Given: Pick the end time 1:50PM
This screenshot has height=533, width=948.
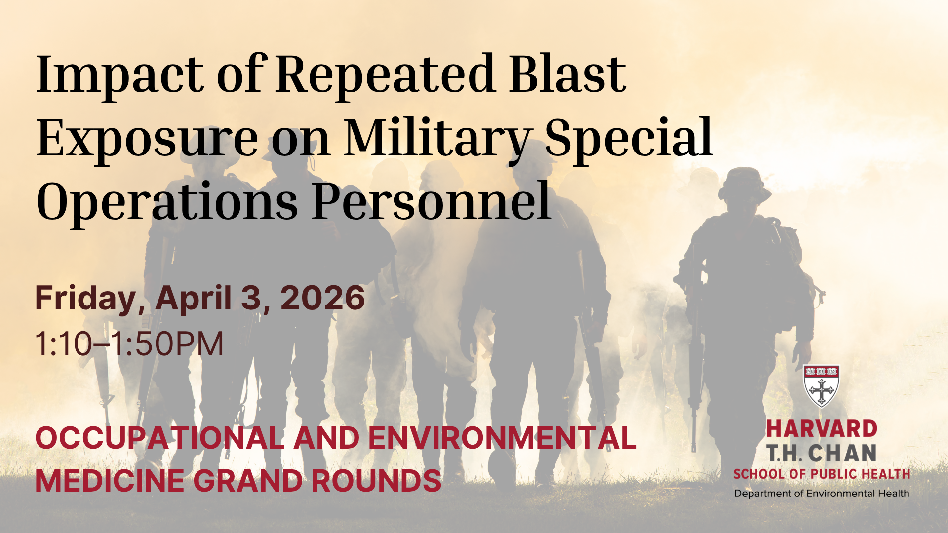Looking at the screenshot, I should (167, 344).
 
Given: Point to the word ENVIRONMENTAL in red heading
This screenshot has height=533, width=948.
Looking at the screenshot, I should (502, 438).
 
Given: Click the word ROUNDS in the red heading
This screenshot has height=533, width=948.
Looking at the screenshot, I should (376, 481).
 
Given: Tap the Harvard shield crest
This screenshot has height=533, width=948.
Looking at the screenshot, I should (821, 385).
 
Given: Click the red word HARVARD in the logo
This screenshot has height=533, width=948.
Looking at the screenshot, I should (822, 429).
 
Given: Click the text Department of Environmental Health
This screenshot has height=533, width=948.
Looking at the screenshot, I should (822, 494).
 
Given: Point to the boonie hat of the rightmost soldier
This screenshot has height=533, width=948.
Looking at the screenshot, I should (745, 186).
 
